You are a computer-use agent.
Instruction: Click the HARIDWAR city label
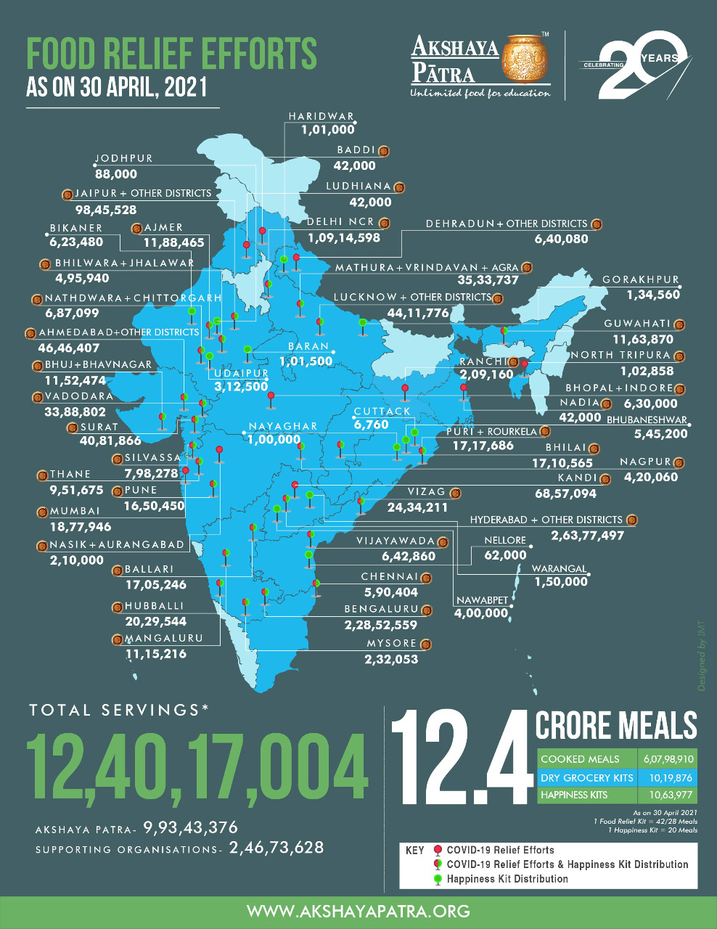point(320,116)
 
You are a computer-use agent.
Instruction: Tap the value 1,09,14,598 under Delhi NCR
point(343,238)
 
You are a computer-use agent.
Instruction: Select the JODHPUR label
point(123,158)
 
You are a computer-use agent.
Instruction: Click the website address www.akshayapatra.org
point(358,912)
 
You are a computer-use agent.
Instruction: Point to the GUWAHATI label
point(637,324)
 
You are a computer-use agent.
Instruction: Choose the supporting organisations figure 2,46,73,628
point(276,848)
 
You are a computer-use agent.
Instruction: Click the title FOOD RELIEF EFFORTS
point(171,54)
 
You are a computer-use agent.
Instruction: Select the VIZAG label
point(426,492)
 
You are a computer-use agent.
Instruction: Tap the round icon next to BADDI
point(384,151)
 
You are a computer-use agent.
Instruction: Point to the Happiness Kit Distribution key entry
point(507,879)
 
